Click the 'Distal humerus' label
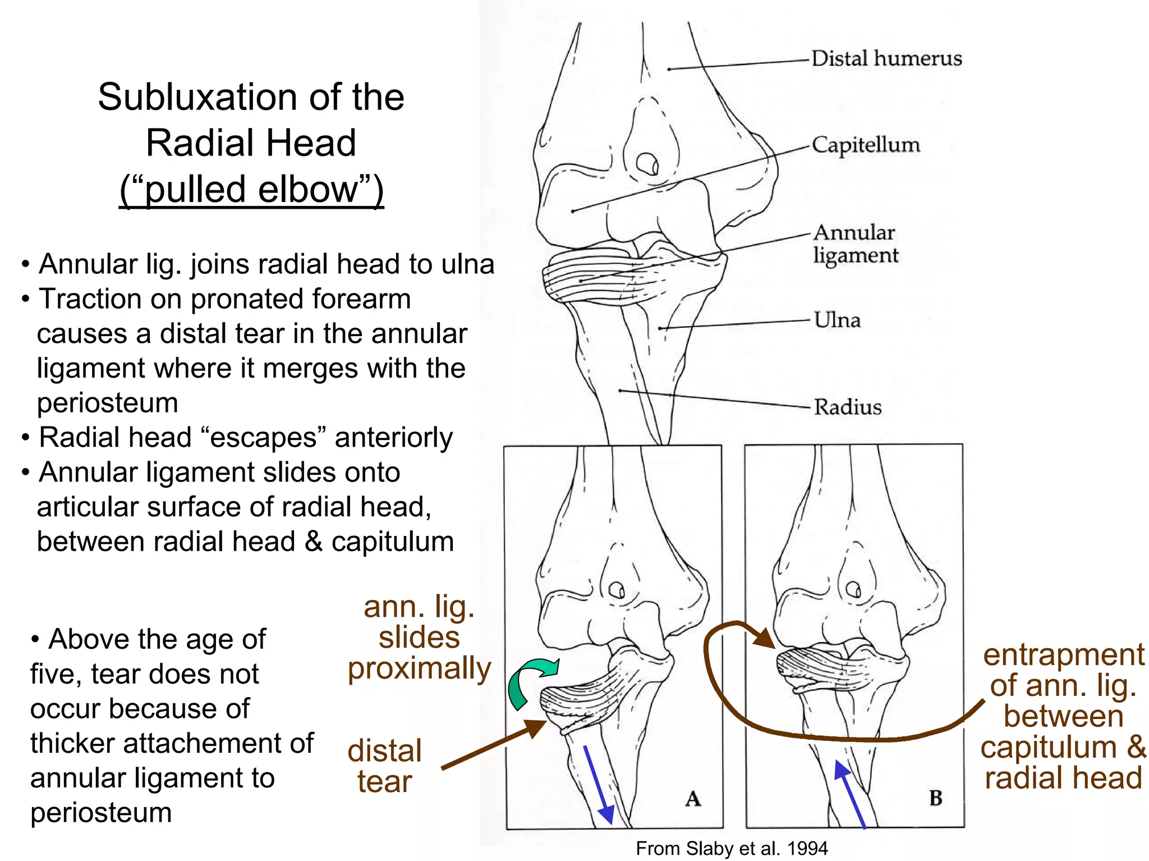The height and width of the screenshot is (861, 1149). [x=886, y=58]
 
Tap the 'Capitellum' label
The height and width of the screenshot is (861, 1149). [x=865, y=145]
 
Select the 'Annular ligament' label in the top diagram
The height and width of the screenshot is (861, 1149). [x=855, y=244]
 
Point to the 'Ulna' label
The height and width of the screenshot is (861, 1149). [x=837, y=320]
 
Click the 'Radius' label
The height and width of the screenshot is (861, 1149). [x=847, y=407]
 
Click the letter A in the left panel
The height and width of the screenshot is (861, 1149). [x=693, y=798]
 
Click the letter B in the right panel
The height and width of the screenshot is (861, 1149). [x=935, y=798]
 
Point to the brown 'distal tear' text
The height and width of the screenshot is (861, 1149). [x=384, y=766]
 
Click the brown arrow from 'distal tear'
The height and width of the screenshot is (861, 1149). [x=494, y=744]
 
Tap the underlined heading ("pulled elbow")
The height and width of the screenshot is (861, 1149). [x=251, y=189]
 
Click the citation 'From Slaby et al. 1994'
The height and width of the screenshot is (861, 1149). [x=731, y=848]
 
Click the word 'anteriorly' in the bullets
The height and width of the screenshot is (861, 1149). [x=393, y=437]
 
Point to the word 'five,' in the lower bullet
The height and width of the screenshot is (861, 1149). [x=56, y=674]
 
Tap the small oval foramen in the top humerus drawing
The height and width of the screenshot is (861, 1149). [x=647, y=163]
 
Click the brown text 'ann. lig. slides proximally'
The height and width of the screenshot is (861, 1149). [x=419, y=638]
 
